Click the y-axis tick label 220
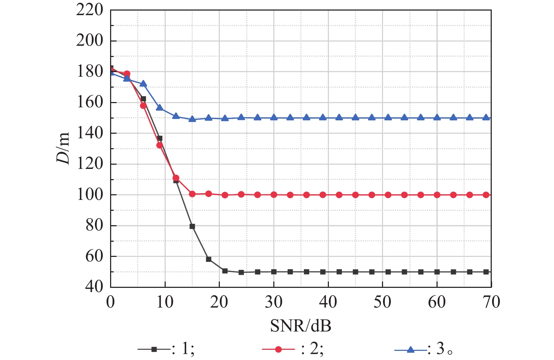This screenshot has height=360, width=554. point(90,10)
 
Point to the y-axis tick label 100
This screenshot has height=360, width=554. point(90,195)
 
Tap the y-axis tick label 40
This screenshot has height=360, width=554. point(94,287)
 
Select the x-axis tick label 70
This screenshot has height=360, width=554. point(491,302)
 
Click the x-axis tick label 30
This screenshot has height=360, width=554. point(273,302)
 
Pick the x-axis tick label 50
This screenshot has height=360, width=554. point(382,302)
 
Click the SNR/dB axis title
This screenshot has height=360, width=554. point(301,326)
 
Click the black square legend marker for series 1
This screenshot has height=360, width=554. point(154,349)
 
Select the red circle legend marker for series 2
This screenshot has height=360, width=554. point(278,349)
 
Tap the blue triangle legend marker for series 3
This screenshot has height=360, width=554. point(410,349)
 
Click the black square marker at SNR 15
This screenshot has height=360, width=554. point(192,226)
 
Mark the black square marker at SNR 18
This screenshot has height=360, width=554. point(209,259)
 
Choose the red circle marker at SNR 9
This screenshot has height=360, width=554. point(159,145)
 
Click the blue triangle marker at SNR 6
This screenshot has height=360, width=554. point(143,84)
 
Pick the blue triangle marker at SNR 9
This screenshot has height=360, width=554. point(159,107)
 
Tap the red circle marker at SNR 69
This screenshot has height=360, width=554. point(486,195)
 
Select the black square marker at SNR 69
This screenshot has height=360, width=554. point(486,272)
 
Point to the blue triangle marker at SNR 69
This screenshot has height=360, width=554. point(486,118)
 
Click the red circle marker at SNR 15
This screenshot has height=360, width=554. point(192,194)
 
